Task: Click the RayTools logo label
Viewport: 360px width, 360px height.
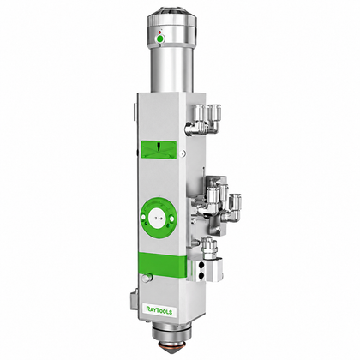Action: [159, 310]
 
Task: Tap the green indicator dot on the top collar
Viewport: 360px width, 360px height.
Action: [160, 39]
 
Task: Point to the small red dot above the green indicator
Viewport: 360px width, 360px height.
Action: [159, 33]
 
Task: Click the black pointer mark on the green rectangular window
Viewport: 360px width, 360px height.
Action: [159, 146]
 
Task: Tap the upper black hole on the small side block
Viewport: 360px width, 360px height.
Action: [201, 265]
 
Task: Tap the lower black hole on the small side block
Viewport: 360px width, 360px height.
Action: [201, 275]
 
